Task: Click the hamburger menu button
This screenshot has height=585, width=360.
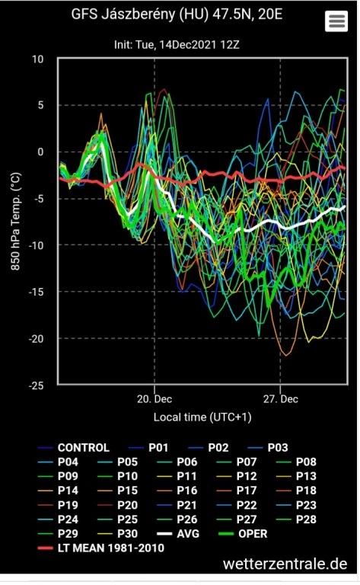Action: click(x=336, y=21)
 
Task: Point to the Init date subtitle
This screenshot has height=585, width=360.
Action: click(x=177, y=45)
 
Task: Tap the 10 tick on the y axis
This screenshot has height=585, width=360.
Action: click(x=37, y=59)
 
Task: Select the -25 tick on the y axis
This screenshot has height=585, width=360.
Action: click(x=36, y=385)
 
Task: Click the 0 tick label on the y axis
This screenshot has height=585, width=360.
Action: click(x=40, y=152)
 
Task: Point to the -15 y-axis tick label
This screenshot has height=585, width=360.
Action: click(x=36, y=292)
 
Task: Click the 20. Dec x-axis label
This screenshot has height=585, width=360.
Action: click(x=155, y=399)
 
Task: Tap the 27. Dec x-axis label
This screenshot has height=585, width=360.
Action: click(x=281, y=399)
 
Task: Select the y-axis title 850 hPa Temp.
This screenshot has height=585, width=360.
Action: click(x=16, y=222)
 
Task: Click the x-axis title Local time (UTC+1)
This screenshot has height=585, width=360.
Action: click(x=202, y=417)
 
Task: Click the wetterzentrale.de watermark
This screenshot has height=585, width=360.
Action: click(x=285, y=564)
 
